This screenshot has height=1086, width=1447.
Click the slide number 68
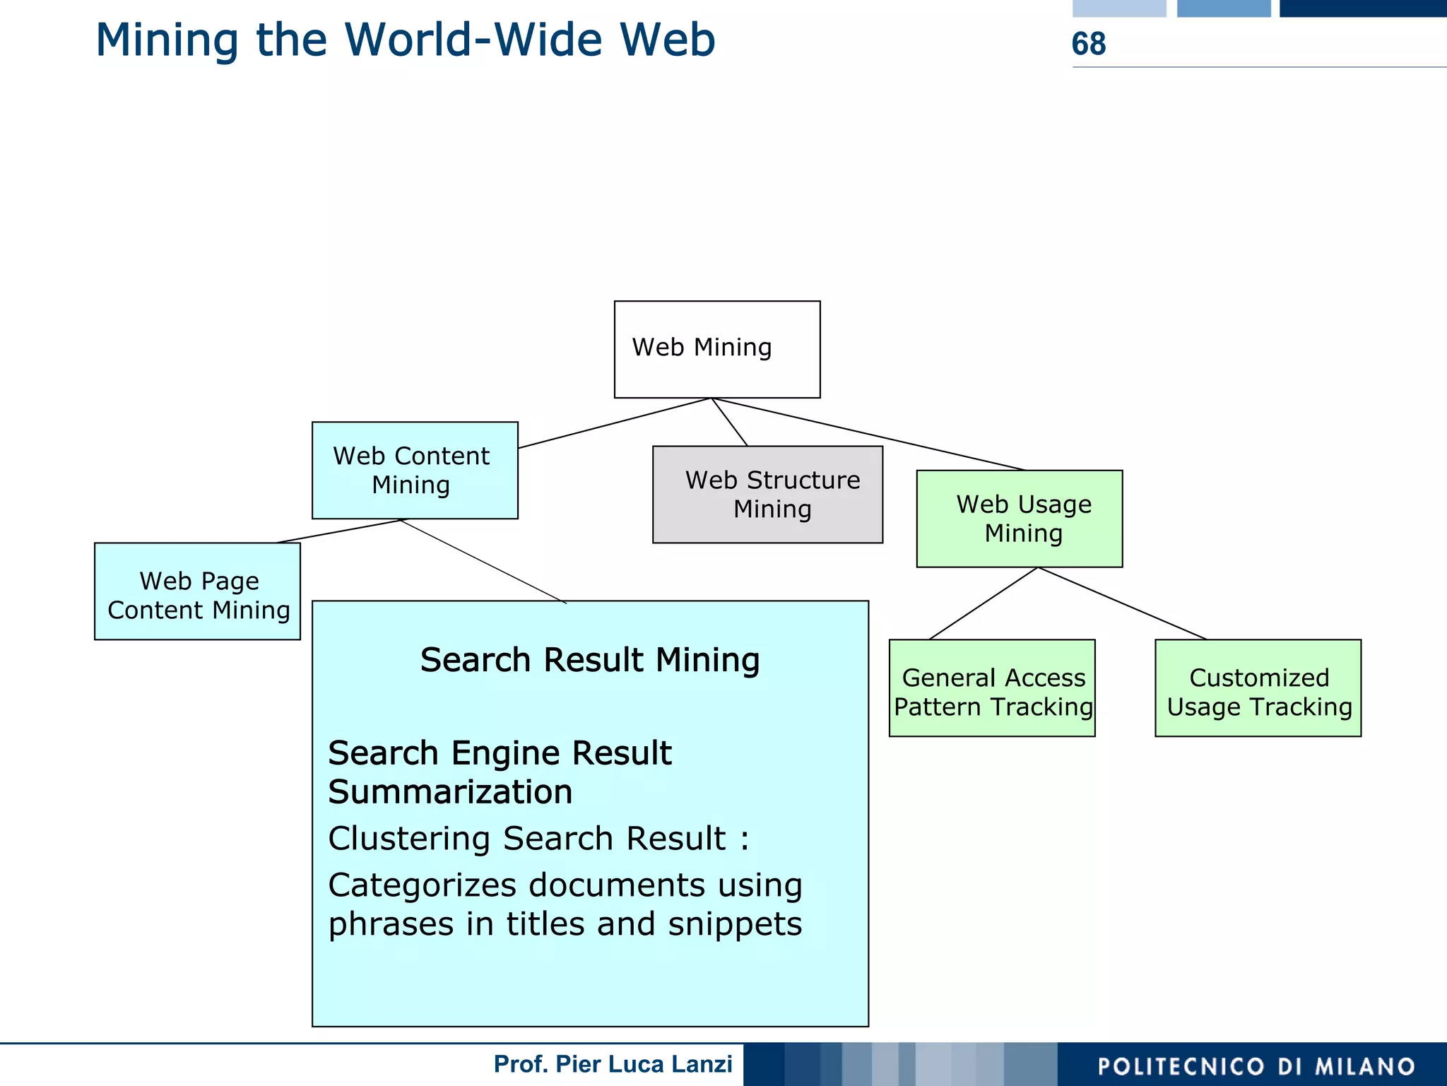point(1088,44)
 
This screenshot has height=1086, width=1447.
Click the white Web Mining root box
point(716,349)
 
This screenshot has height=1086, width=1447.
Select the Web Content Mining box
point(414,471)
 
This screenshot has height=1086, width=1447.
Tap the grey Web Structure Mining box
point(767,495)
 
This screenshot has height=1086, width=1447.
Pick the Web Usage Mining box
point(1019,519)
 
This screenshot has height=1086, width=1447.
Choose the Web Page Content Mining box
point(197,591)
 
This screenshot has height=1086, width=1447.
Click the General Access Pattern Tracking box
point(991,688)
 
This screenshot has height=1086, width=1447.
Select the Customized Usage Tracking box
point(1258,688)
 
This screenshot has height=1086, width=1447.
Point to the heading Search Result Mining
point(589,660)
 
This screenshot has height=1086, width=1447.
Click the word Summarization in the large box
point(450,792)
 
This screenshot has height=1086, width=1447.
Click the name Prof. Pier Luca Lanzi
point(613,1064)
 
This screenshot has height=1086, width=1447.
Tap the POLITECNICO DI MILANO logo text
point(1256,1066)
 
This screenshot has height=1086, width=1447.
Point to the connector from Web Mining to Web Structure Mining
point(729,422)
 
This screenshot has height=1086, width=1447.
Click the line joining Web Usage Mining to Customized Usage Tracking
point(1122,603)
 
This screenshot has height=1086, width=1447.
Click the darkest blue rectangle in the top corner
point(1362,8)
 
